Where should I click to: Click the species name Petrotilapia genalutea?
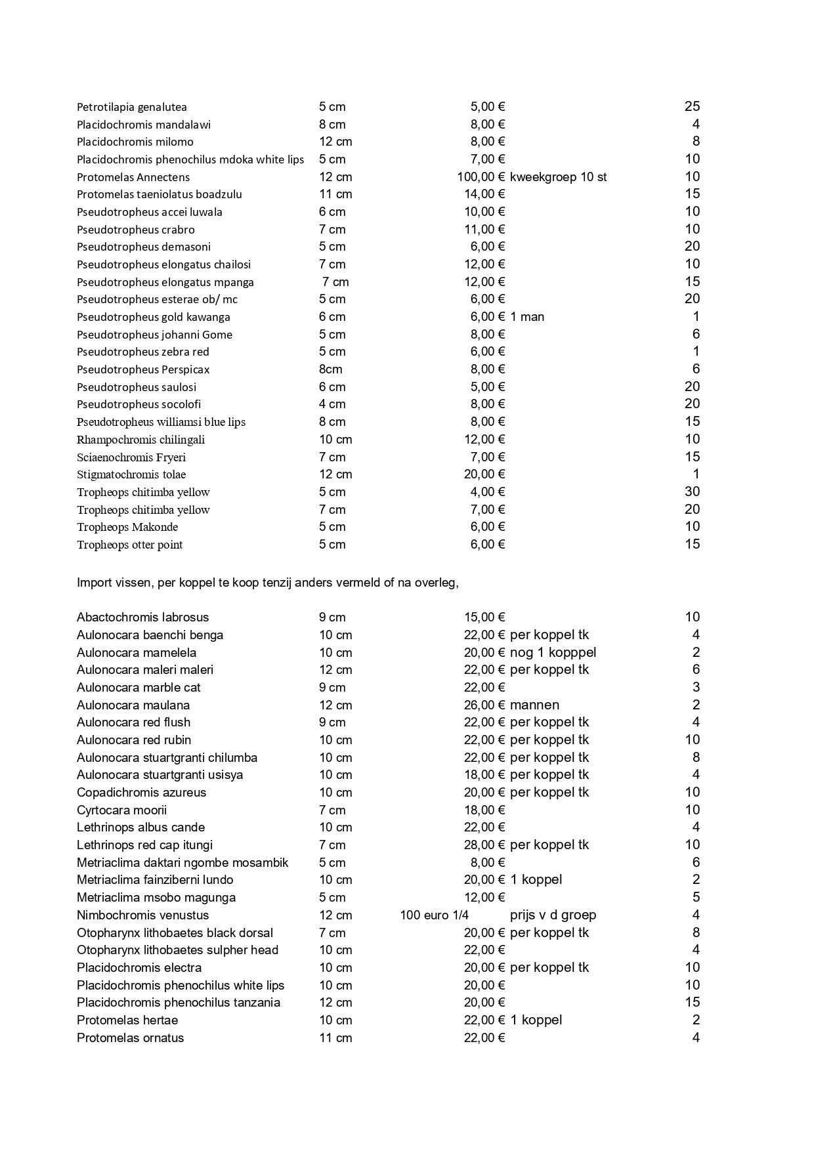[131, 107]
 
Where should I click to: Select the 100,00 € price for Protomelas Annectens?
[481, 177]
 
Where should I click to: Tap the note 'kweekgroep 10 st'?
[558, 177]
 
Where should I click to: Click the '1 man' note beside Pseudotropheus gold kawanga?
[527, 317]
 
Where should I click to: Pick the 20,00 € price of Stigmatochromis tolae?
[484, 474]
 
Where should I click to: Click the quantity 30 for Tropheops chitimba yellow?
[692, 492]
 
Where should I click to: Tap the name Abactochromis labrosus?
[142, 617]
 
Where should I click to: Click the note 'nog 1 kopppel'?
[553, 652]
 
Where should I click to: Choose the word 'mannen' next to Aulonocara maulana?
[534, 705]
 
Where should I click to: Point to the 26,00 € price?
[484, 705]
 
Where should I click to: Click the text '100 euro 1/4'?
[434, 915]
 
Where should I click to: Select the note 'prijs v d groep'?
[553, 915]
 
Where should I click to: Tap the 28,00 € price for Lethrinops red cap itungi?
[484, 845]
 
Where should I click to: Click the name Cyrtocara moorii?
[121, 810]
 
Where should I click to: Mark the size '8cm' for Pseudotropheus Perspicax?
[331, 369]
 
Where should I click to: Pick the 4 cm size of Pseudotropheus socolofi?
[332, 404]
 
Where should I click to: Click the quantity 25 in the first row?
[692, 106]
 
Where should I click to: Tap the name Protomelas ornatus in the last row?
[130, 1037]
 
